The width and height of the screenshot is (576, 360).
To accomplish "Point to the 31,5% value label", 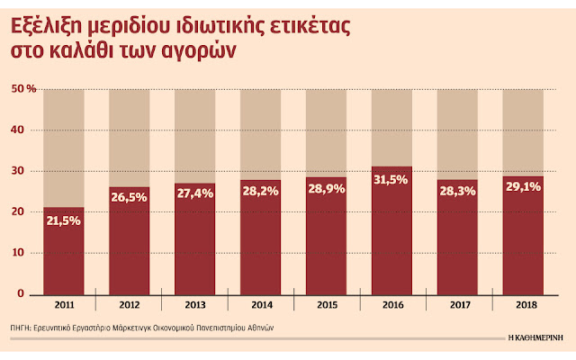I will click(x=391, y=180).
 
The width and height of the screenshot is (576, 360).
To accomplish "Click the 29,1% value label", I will click(x=523, y=189).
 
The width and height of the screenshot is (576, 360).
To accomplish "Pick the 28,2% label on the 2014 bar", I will click(x=261, y=193).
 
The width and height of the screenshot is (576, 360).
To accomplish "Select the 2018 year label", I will click(x=523, y=306).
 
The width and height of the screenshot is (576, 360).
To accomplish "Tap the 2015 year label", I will click(x=327, y=306).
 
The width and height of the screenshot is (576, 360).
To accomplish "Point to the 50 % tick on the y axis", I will click(x=24, y=89).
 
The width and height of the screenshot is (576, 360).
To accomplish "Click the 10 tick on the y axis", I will click(x=21, y=253).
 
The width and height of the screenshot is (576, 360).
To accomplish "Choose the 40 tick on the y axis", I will click(x=21, y=130).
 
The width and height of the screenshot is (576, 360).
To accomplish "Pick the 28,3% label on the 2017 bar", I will click(x=457, y=192).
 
